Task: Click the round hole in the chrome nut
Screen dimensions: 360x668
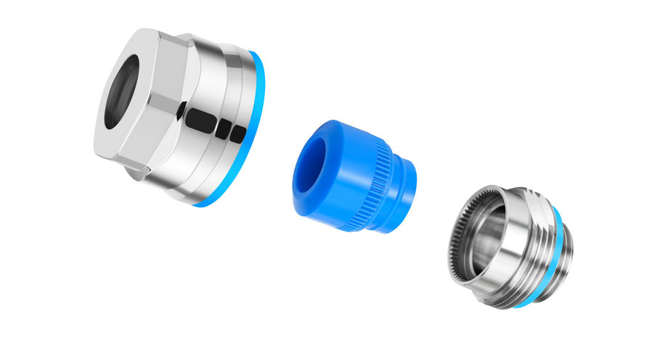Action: coord(122,93)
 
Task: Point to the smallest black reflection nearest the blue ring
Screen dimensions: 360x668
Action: coord(237,134)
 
